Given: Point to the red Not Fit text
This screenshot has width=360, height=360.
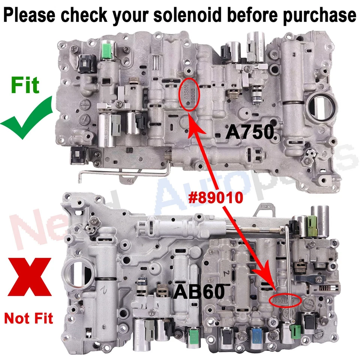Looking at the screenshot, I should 28,319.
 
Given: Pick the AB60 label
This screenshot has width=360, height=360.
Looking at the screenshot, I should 199,291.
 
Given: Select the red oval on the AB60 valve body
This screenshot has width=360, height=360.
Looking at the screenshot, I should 286,300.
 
